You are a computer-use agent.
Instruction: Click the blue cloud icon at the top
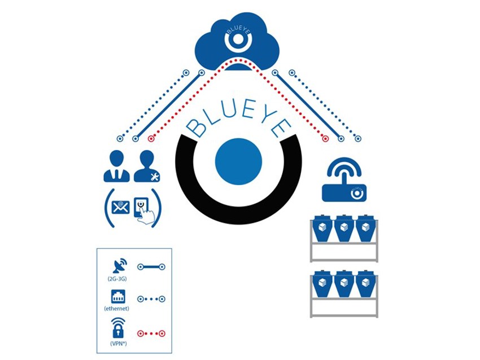click(237, 39)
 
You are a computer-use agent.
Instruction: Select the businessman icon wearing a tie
click(116, 167)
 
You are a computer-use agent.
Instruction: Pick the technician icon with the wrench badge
click(147, 167)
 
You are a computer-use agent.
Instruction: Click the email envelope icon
click(120, 208)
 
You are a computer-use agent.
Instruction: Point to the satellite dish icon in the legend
click(120, 266)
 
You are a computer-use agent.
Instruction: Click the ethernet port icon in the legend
click(118, 296)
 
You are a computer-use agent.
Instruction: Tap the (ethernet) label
click(117, 309)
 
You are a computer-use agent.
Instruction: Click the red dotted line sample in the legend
click(151, 333)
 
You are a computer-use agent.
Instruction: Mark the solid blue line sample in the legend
click(151, 265)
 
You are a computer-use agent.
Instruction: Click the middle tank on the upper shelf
click(344, 229)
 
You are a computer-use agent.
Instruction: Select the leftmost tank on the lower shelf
click(323, 286)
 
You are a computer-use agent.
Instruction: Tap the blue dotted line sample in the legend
click(151, 299)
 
